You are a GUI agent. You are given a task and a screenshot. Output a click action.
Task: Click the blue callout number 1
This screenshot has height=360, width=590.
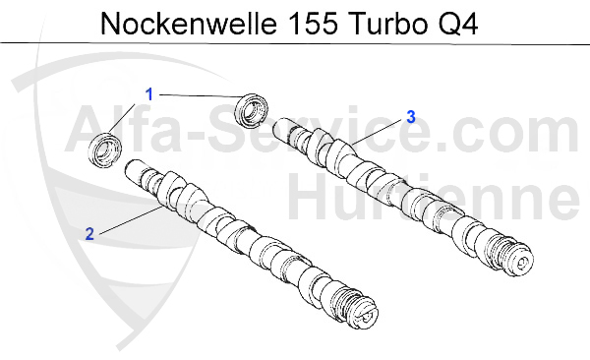(149, 95)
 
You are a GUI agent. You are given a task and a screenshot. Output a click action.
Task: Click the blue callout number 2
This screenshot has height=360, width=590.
(88, 234)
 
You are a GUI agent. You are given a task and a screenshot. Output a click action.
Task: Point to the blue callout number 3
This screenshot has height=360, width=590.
(410, 117)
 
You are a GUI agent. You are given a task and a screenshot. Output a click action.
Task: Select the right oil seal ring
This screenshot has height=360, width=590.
(255, 108)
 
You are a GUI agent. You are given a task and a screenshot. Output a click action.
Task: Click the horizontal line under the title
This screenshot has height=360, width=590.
(295, 44)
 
